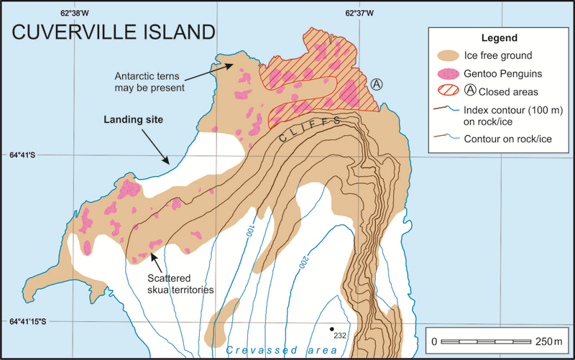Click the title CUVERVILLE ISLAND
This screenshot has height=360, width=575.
pos(112,32)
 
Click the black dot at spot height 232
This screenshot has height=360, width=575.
pos(332,329)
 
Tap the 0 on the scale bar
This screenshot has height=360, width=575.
pos(433,340)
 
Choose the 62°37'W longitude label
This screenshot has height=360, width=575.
pos(359,12)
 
